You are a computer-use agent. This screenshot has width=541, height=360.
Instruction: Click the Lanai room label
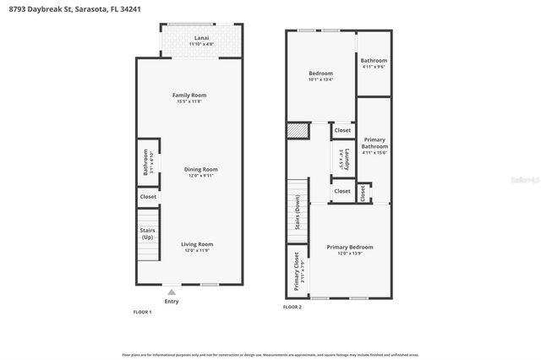tap(202, 38)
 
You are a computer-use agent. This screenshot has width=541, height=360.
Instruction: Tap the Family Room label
tap(189, 95)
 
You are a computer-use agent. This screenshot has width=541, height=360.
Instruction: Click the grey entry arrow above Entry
tap(172, 291)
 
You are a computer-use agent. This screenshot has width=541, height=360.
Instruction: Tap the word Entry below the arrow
tap(172, 301)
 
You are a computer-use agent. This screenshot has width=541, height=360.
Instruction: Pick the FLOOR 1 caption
tap(142, 312)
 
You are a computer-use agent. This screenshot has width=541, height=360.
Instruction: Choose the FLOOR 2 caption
tap(292, 307)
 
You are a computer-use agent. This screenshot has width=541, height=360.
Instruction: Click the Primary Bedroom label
tap(350, 247)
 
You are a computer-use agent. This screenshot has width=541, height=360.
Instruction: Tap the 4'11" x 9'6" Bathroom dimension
tap(374, 68)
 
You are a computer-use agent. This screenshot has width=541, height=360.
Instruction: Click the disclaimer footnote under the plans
tap(270, 355)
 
